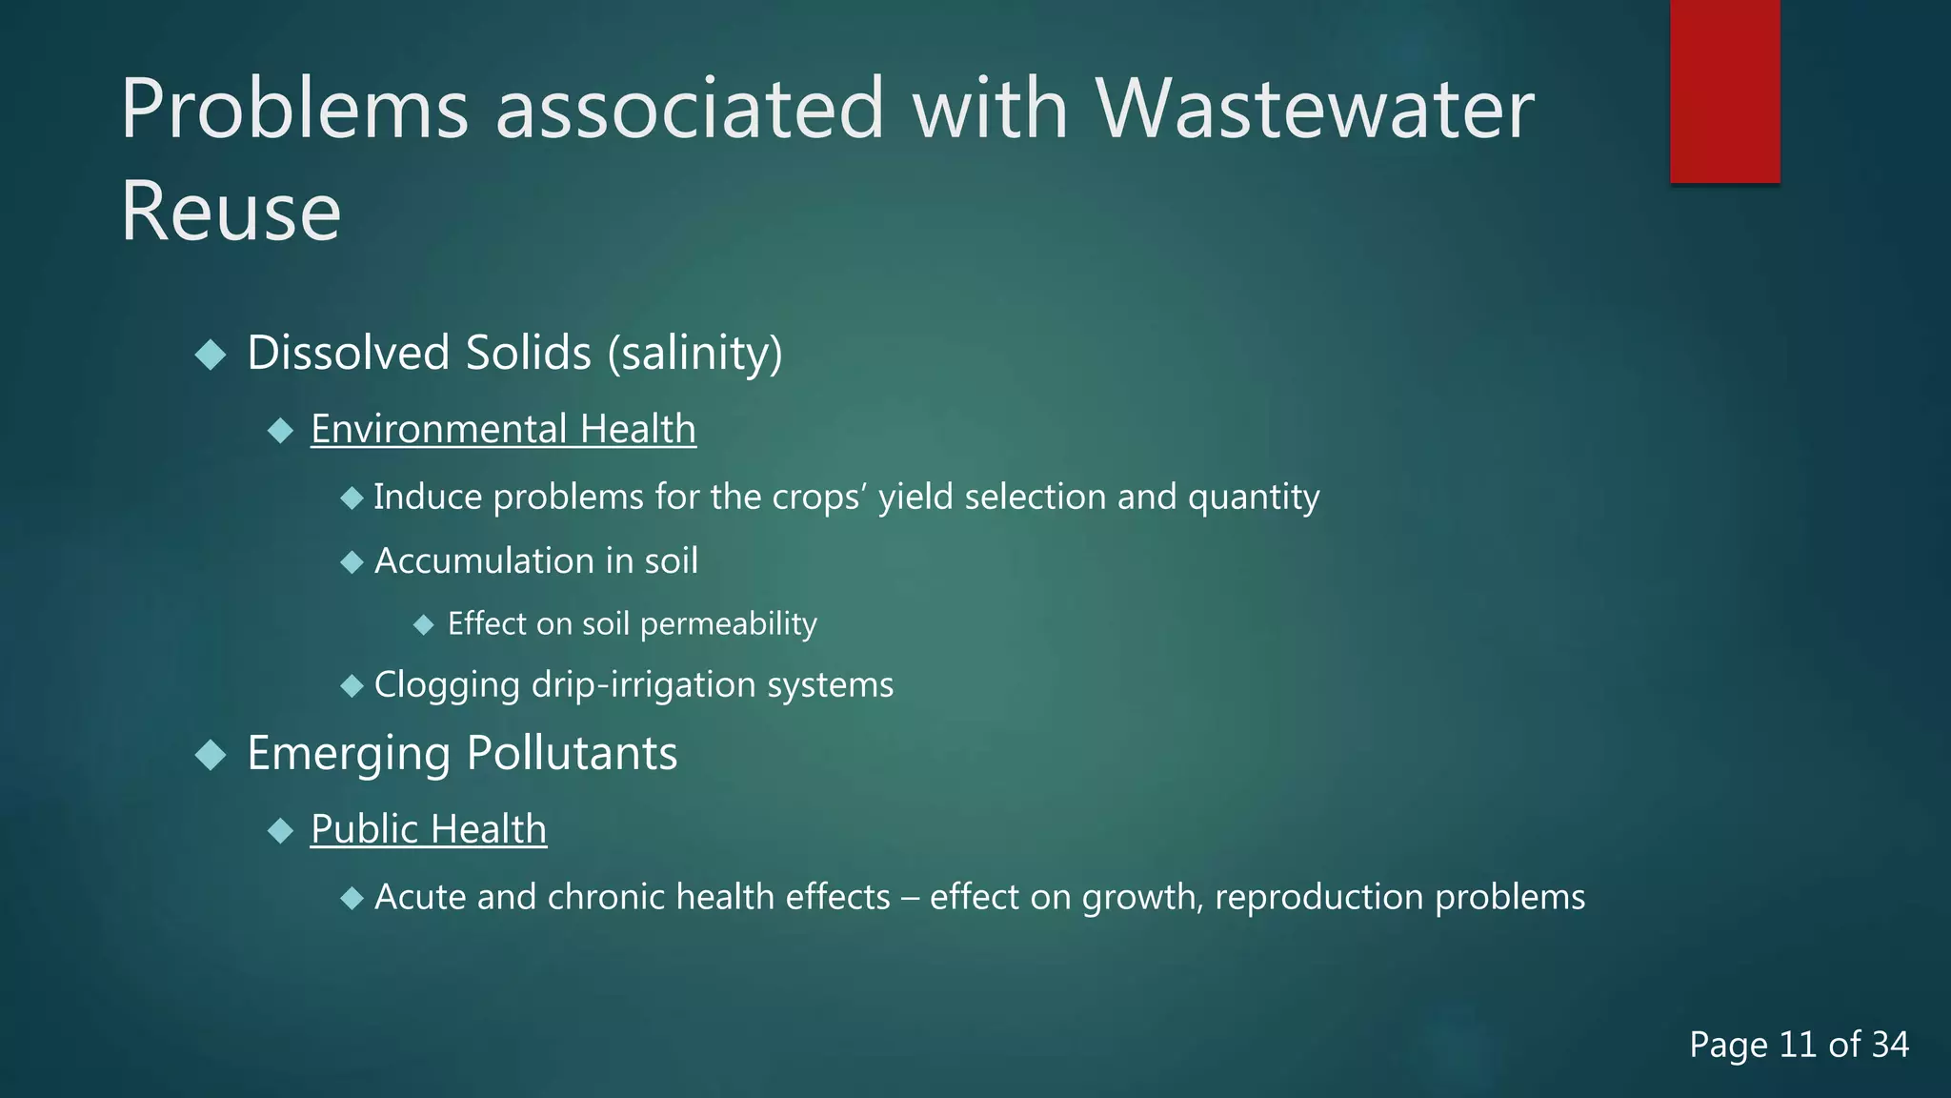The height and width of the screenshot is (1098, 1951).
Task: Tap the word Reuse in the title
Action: pyautogui.click(x=231, y=211)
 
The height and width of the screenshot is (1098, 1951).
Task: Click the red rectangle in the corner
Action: pyautogui.click(x=1724, y=91)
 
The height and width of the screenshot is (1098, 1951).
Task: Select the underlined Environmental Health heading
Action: pyautogui.click(x=503, y=429)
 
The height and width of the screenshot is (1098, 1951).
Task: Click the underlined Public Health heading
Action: pyautogui.click(x=429, y=829)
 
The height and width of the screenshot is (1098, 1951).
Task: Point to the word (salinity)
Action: pyautogui.click(x=694, y=354)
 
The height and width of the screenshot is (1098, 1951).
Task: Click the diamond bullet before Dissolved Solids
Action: pyautogui.click(x=211, y=356)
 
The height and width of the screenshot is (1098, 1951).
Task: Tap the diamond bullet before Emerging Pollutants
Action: pyautogui.click(x=211, y=756)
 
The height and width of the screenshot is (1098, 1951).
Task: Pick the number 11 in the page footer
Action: pyautogui.click(x=1797, y=1045)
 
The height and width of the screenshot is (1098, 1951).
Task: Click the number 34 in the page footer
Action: pyautogui.click(x=1890, y=1045)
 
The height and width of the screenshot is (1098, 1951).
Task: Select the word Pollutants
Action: pyautogui.click(x=572, y=754)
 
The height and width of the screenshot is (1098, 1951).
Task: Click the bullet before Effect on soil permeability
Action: pyautogui.click(x=424, y=625)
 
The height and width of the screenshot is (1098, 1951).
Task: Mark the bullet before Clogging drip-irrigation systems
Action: pyautogui.click(x=352, y=686)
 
